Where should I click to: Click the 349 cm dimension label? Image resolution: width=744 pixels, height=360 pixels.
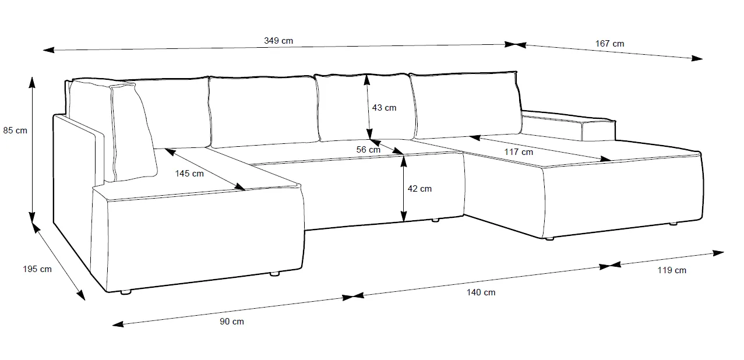pos(278,41)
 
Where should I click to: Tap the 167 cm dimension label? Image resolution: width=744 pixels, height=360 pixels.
pos(609,44)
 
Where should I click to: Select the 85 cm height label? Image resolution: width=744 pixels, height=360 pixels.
pos(15,130)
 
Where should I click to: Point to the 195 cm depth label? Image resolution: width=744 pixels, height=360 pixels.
pos(37,269)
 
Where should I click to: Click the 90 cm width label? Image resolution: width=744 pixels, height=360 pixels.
pos(232,322)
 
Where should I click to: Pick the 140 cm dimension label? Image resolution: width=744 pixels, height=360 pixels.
pos(481,292)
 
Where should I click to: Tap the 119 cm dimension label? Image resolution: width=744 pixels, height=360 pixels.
pos(672,270)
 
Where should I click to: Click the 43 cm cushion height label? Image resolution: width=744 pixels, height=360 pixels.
pos(385,108)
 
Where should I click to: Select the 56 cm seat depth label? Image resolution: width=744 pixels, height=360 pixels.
pos(368,150)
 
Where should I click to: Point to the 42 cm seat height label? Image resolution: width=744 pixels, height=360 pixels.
pos(420,189)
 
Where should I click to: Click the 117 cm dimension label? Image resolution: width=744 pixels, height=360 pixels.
pos(519,152)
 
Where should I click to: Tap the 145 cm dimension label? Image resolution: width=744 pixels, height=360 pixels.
pos(189,174)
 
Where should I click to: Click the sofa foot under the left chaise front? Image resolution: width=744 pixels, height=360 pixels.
pos(126,292)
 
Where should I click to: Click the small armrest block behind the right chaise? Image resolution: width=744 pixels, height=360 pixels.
pos(598,131)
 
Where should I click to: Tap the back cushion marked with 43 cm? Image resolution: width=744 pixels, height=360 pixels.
pos(365,107)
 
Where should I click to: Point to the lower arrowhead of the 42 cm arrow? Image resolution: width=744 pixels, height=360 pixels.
pos(403,217)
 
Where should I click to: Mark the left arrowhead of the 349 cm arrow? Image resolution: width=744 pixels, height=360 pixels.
pos(48,50)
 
